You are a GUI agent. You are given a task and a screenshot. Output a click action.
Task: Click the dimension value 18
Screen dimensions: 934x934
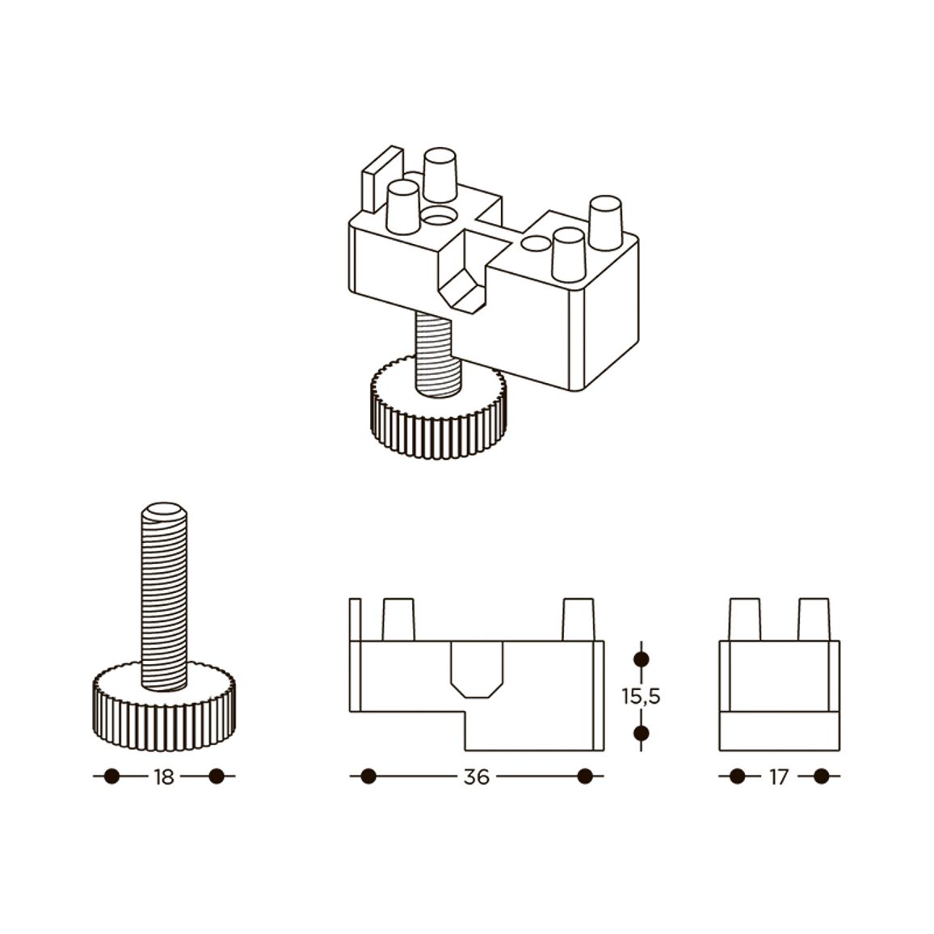pos(164,776)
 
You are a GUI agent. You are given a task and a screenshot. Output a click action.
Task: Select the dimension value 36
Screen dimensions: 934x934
pos(476,776)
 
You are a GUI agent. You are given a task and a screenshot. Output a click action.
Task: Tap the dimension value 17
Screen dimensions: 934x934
pos(779,776)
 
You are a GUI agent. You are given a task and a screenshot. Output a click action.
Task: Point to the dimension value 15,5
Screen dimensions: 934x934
pos(641,696)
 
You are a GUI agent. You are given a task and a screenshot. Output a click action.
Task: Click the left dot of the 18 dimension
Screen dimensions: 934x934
pos(111,776)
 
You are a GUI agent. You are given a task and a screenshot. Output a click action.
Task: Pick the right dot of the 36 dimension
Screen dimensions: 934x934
pos(585,776)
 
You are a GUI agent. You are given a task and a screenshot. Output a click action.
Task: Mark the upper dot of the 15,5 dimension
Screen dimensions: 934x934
pos(641,659)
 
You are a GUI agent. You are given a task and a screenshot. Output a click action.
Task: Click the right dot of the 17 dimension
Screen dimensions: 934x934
pos(822,776)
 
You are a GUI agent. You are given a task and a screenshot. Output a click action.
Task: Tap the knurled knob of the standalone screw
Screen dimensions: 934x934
pos(164,706)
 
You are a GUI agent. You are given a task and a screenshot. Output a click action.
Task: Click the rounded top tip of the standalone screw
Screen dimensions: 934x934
pos(165,511)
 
